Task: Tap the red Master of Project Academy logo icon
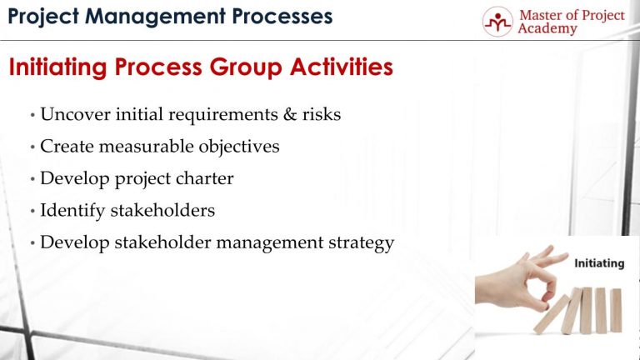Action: pyautogui.click(x=497, y=22)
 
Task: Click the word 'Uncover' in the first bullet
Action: pyautogui.click(x=74, y=115)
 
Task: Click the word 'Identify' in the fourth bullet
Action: pyautogui.click(x=71, y=211)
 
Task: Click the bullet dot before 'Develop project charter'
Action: pyautogui.click(x=32, y=179)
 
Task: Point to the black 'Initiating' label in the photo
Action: pyautogui.click(x=599, y=263)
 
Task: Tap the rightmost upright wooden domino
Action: pyautogui.click(x=615, y=309)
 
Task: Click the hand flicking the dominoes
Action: pyautogui.click(x=517, y=279)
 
